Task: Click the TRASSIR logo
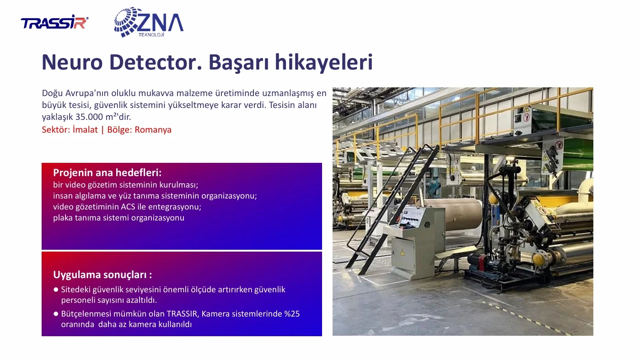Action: (54, 22)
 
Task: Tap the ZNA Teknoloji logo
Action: (149, 22)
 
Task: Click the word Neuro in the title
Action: (72, 62)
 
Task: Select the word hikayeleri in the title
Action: (324, 63)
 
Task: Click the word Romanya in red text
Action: (153, 130)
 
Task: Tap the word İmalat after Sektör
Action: (85, 129)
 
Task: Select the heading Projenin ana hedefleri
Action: (107, 173)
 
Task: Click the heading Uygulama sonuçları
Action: (102, 275)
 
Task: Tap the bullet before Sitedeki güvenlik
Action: (56, 290)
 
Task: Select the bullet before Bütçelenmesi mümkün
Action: (56, 314)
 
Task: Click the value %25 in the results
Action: (292, 314)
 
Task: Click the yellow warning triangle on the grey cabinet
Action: (402, 252)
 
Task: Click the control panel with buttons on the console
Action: (411, 218)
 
